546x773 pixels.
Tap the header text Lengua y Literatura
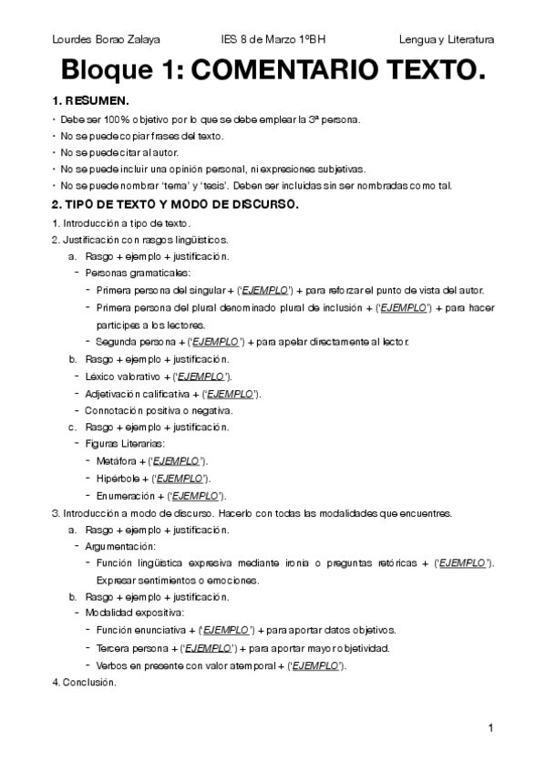coord(447,40)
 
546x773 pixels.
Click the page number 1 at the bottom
coord(490,727)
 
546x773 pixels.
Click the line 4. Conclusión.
coord(85,681)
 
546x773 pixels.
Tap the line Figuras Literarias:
coord(124,444)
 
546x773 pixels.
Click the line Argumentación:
coord(120,546)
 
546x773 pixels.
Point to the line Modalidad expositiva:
coord(135,613)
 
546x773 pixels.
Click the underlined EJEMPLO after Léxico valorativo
coord(201,376)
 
